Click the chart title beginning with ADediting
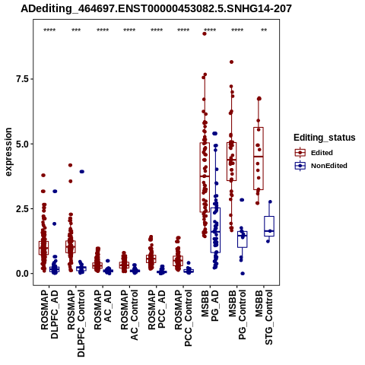(156, 9)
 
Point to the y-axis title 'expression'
(8, 152)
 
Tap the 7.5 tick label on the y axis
(21, 79)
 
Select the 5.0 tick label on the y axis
(21, 144)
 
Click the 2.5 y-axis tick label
(21, 209)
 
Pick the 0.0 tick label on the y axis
(21, 274)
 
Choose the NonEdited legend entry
(321, 166)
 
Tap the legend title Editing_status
(325, 138)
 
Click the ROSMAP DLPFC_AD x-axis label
(49, 314)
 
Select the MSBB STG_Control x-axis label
(264, 317)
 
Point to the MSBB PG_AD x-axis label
(210, 306)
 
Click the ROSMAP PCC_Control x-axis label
(183, 318)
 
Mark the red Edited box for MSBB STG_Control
(259, 158)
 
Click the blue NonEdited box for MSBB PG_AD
(215, 230)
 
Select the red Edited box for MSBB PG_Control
(232, 161)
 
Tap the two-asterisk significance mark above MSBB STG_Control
(264, 30)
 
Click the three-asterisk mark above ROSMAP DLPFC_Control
(76, 30)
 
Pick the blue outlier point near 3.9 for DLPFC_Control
(81, 172)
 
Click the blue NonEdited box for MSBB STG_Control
(269, 226)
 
